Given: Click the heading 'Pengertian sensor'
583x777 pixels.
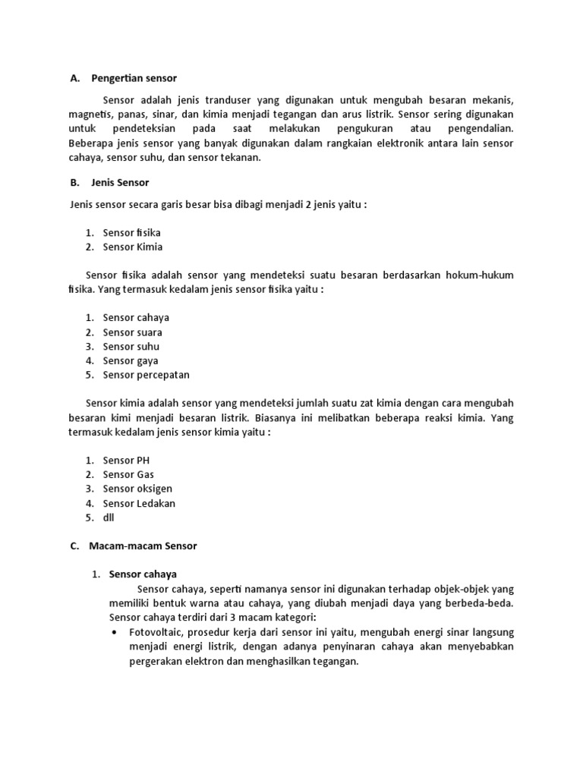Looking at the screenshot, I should pyautogui.click(x=134, y=78).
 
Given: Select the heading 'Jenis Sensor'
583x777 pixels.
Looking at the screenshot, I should pyautogui.click(x=120, y=183).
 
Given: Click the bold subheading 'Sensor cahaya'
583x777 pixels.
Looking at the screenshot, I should pyautogui.click(x=143, y=574).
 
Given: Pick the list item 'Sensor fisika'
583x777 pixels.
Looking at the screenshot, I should pyautogui.click(x=131, y=232).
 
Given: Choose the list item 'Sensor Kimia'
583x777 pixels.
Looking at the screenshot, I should pyautogui.click(x=133, y=247).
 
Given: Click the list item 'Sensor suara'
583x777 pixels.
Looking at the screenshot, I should pyautogui.click(x=132, y=332).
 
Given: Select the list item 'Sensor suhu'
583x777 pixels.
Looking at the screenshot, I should pyautogui.click(x=131, y=347).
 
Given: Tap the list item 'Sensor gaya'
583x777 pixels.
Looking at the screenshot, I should pyautogui.click(x=131, y=361).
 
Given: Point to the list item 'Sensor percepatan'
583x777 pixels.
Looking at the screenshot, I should pyautogui.click(x=146, y=375).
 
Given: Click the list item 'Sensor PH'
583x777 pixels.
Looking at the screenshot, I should pyautogui.click(x=127, y=461).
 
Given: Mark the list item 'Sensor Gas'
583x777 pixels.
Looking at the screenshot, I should pyautogui.click(x=128, y=475).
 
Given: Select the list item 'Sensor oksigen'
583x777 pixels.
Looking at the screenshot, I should pyautogui.click(x=137, y=489).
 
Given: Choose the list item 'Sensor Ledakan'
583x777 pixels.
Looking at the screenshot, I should pyautogui.click(x=139, y=503).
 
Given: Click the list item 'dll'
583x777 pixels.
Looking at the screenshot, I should pyautogui.click(x=108, y=517).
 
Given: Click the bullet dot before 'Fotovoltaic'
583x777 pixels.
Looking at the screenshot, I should pyautogui.click(x=114, y=632).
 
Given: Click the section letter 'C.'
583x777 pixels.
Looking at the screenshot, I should pyautogui.click(x=74, y=546).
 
